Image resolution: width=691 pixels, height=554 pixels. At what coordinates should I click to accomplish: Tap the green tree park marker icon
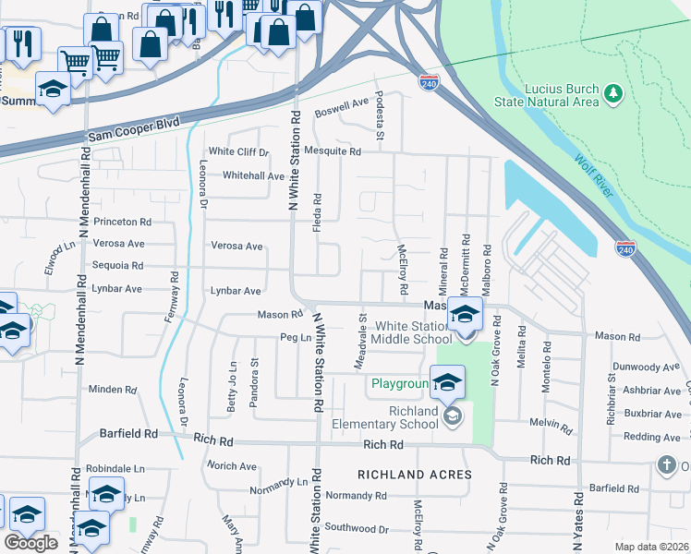tap(612, 93)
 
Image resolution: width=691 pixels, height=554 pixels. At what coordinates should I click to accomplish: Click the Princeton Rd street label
tap(121, 222)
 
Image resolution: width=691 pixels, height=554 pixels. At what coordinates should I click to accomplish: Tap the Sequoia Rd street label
tap(117, 265)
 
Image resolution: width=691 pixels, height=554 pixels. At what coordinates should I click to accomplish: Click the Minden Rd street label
tap(113, 390)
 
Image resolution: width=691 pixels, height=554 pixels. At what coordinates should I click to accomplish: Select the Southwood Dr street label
tap(357, 529)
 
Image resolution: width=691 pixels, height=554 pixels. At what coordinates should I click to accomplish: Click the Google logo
tap(31, 542)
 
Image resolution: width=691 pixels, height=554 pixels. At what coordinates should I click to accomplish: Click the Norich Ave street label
tap(232, 465)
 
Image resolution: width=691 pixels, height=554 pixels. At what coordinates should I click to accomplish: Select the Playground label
tap(399, 383)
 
